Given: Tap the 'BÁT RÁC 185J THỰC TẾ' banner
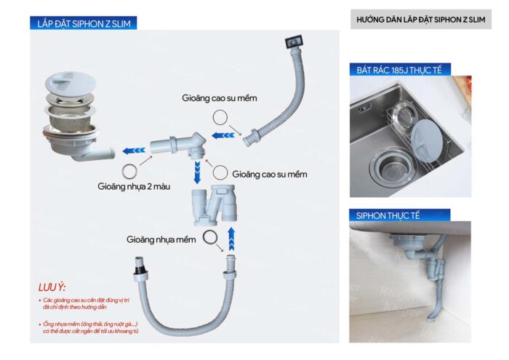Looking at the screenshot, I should pyautogui.click(x=400, y=70).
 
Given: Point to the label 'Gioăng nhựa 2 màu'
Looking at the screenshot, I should pyautogui.click(x=128, y=186).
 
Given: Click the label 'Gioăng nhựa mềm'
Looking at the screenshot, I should pyautogui.click(x=161, y=239).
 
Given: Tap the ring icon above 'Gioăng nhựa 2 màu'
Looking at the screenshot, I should pyautogui.click(x=129, y=172).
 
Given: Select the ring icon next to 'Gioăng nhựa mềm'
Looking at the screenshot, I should pyautogui.click(x=209, y=238).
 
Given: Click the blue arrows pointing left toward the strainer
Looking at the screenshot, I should pyautogui.click(x=132, y=151).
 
